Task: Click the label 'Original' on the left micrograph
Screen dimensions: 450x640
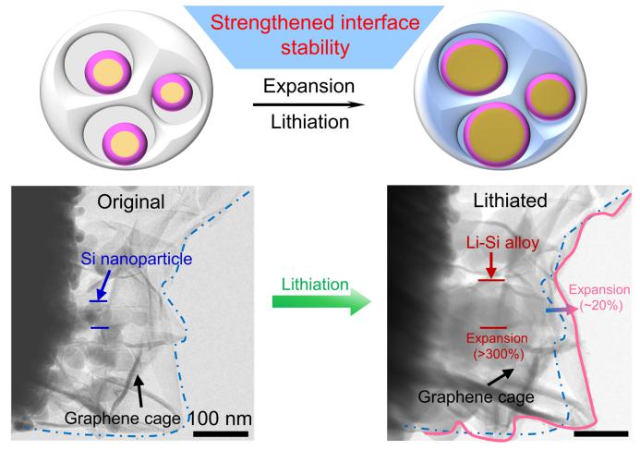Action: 135,201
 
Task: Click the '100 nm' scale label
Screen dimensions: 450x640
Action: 220,418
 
